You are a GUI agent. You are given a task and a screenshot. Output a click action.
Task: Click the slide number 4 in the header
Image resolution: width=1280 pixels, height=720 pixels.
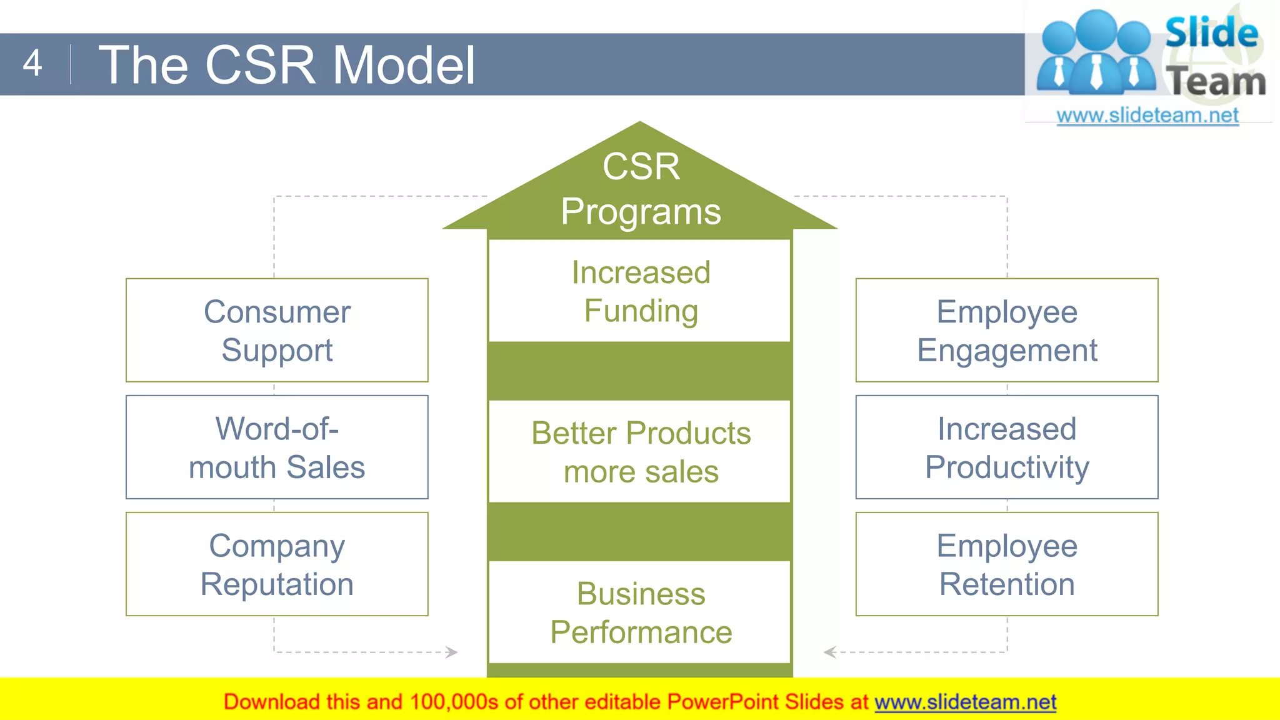point(32,63)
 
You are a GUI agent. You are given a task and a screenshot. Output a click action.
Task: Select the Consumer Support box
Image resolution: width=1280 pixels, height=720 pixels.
point(277,330)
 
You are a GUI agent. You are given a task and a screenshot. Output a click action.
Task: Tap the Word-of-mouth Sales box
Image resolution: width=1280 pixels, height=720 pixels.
point(277,447)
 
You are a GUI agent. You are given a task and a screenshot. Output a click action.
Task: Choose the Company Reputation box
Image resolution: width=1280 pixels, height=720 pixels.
point(277,564)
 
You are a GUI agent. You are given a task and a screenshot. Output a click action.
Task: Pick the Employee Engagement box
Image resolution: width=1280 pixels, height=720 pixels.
point(1007,330)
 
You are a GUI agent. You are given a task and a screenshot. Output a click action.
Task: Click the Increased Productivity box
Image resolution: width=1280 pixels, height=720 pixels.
point(1007,447)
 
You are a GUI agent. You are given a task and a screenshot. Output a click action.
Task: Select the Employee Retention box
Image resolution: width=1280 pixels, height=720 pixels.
point(1007,564)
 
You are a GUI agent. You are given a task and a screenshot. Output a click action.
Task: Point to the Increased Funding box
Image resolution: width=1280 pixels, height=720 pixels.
point(640,291)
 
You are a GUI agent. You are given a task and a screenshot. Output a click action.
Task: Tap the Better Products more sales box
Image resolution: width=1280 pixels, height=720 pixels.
point(640,451)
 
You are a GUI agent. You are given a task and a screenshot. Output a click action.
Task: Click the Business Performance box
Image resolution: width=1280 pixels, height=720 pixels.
point(640,612)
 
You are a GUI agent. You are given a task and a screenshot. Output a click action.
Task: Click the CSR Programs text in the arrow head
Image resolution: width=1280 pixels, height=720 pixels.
point(640,188)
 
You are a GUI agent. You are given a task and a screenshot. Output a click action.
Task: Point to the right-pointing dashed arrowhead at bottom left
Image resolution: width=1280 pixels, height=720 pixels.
point(452,652)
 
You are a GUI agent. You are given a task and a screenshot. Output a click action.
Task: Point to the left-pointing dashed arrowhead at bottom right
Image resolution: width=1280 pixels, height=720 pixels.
point(830,652)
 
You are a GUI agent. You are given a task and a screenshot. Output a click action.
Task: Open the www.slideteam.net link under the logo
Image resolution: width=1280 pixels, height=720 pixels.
point(1147,115)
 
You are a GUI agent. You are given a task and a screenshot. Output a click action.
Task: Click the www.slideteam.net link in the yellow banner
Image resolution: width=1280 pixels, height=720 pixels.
point(965,702)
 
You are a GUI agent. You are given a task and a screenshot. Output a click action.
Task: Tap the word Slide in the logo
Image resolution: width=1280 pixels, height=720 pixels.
point(1211,32)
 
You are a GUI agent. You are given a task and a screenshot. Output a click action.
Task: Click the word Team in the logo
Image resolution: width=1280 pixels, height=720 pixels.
point(1216,82)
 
